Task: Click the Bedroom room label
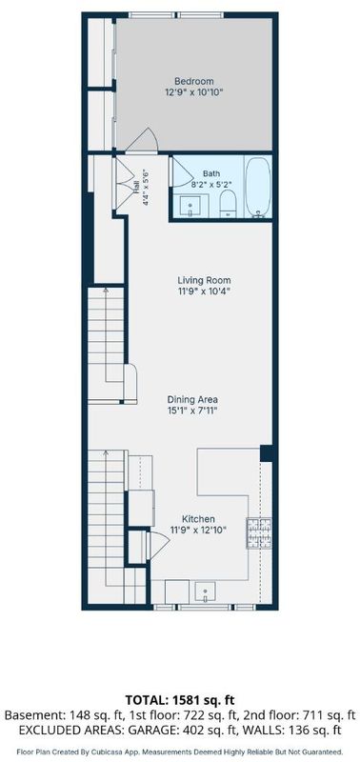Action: point(194,82)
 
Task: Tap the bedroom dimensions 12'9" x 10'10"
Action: point(194,91)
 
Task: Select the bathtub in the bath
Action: point(257,187)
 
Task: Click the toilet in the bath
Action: point(228,203)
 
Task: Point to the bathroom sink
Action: point(190,206)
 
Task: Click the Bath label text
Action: point(211,173)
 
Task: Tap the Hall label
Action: point(136,187)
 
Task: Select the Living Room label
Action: point(204,281)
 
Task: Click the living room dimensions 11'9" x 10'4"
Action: point(204,291)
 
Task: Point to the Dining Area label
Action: point(192,400)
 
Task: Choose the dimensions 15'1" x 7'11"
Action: point(192,411)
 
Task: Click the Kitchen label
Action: point(198,519)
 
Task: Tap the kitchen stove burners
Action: point(259,533)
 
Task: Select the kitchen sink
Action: point(206,592)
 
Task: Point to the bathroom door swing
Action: point(183,171)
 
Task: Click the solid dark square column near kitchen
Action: point(267,453)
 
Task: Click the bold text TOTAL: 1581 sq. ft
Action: point(180,700)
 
